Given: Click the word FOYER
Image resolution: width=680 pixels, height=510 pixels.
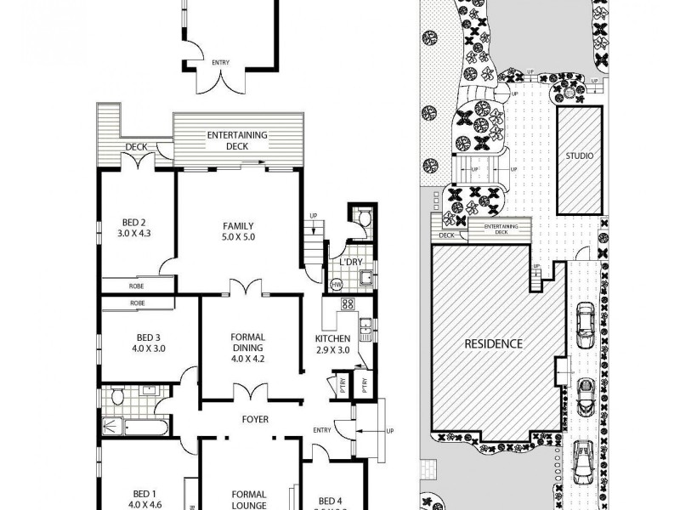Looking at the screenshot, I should (x=255, y=419).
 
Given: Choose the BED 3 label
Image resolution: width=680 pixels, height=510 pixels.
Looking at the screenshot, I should (x=137, y=342).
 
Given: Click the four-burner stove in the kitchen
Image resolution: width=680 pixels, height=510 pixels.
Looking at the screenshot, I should (x=347, y=303).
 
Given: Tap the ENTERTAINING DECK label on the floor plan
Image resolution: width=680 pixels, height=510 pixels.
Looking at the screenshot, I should (x=239, y=140).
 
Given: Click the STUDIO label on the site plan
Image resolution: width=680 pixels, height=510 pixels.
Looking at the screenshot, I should (x=580, y=156).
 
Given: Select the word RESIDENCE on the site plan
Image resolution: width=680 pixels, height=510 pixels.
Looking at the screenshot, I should (x=493, y=344).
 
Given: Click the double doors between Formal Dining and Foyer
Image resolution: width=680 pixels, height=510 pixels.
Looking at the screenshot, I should (x=249, y=393).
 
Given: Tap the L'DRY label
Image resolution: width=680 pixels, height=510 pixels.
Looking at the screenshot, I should (x=351, y=263).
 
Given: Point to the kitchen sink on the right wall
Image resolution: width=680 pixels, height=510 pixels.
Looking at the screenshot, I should (x=365, y=325).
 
